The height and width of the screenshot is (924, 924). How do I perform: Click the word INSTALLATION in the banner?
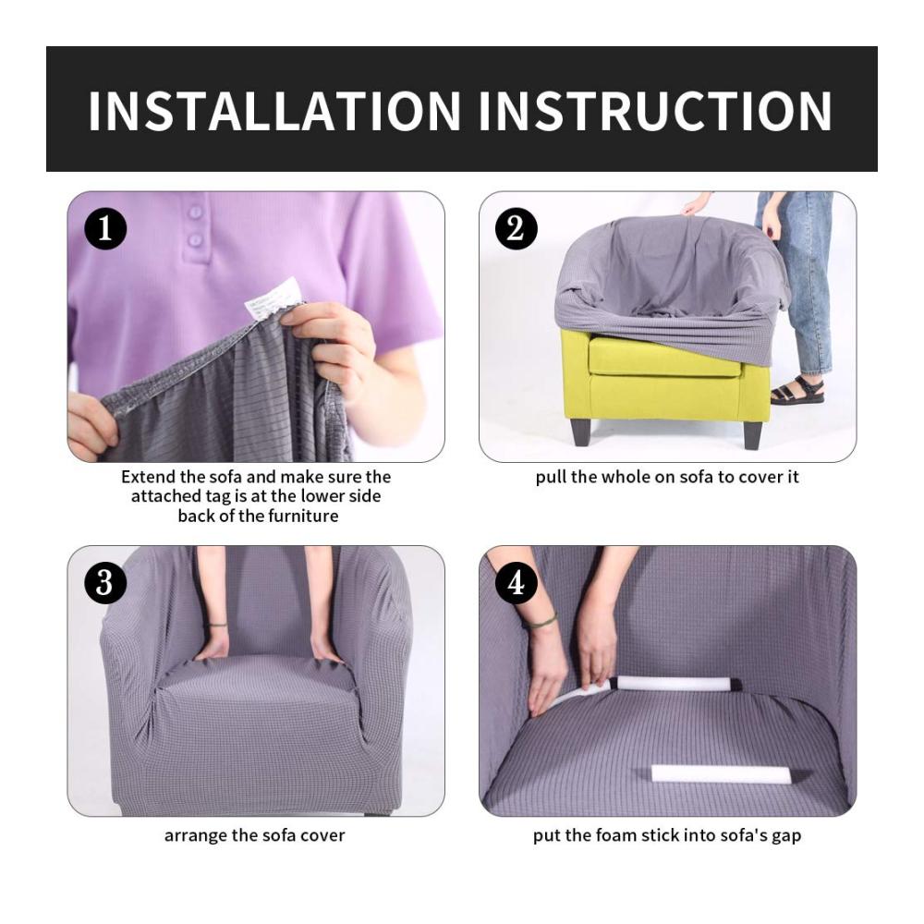coord(274,110)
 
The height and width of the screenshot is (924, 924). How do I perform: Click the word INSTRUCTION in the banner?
coord(655,110)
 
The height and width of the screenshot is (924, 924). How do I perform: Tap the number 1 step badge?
coord(105,228)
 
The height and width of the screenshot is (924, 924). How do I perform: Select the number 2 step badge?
coord(516,228)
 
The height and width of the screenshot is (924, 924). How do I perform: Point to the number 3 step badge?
coord(105,583)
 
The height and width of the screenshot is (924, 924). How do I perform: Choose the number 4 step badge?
coord(516,583)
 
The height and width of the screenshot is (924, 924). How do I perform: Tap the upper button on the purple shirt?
coord(195,213)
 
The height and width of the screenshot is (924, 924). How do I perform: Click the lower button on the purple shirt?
coord(196,240)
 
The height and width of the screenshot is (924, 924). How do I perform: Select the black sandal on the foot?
coord(796,390)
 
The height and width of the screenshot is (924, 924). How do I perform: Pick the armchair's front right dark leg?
coord(752,435)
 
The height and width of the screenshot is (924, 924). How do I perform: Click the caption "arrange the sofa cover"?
coord(255,835)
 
